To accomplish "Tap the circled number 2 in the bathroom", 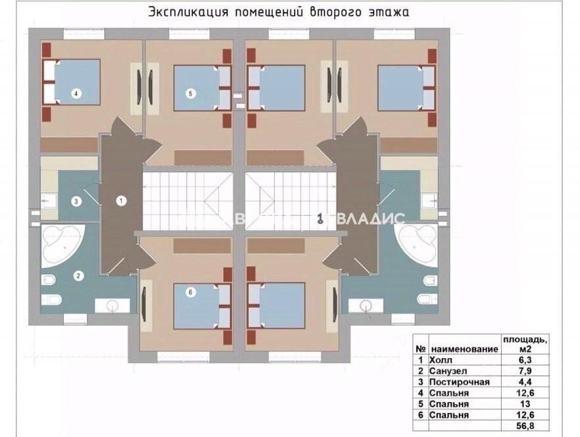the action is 78,276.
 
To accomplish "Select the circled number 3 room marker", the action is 76,201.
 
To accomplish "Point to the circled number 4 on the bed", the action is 77,93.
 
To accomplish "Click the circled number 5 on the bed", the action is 191,93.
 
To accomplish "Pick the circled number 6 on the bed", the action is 191,293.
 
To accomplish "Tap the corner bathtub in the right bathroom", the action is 419,244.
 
